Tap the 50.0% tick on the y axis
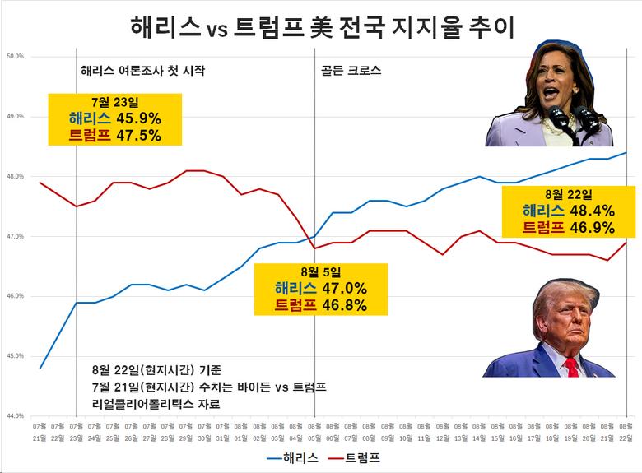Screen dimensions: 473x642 pyautogui.click(x=16, y=57)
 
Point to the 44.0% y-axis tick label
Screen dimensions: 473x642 pyautogui.click(x=16, y=416)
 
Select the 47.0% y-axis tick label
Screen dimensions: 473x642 pyautogui.click(x=16, y=237)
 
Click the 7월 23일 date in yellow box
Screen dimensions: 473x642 pyautogui.click(x=114, y=102)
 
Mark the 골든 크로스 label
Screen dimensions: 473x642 pyautogui.click(x=350, y=71)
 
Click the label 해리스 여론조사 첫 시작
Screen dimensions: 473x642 pyautogui.click(x=142, y=71)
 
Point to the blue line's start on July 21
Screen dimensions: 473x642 pyautogui.click(x=40, y=368)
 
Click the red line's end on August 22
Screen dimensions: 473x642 pyautogui.click(x=626, y=243)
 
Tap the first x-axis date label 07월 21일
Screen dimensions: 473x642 pyautogui.click(x=40, y=431)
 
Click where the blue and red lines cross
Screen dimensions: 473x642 pyautogui.click(x=310, y=239)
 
